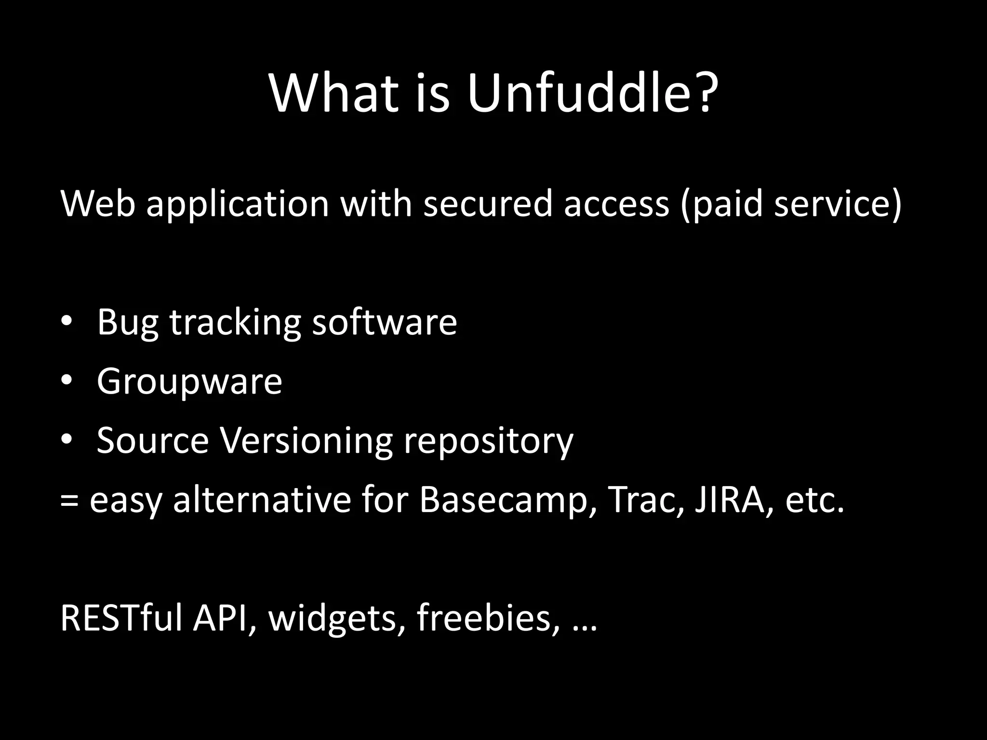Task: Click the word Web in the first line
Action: click(x=98, y=203)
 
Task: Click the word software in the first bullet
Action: click(x=384, y=322)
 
